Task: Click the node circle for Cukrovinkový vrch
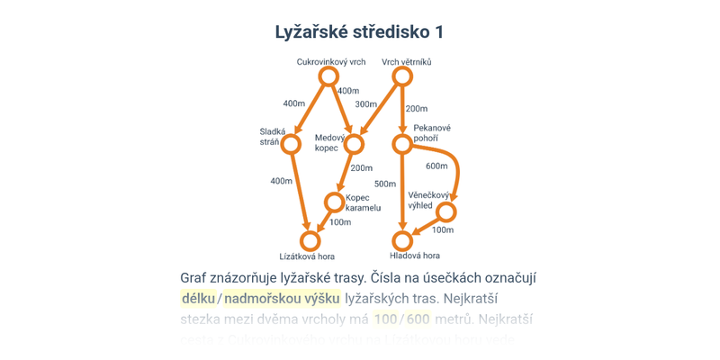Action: pos(328,76)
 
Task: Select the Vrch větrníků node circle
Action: pos(402,76)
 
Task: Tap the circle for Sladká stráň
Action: pos(291,144)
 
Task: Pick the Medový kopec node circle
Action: pos(354,144)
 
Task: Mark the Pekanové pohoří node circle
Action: pos(402,144)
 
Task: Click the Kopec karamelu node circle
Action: pos(334,202)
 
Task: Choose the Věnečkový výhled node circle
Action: pos(445,212)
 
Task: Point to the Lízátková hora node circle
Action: pos(310,240)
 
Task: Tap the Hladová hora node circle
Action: pos(402,240)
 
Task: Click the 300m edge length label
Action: pos(365,104)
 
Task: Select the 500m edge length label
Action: pos(385,184)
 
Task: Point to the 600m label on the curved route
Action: pos(436,166)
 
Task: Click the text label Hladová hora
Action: pos(415,256)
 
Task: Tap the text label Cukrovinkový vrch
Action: pos(331,62)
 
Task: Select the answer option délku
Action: pos(198,298)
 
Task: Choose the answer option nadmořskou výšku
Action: pos(282,298)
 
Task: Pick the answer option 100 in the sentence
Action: pos(385,319)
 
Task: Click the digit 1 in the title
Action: pos(439,32)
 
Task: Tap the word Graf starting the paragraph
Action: pos(196,277)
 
